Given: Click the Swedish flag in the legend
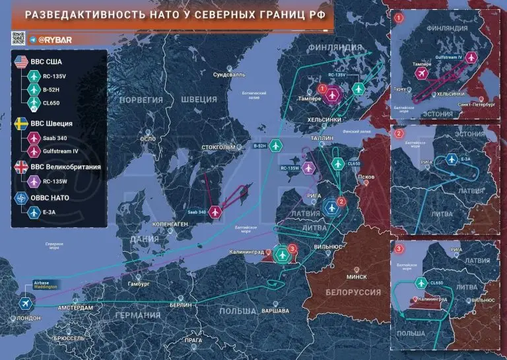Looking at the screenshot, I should click(x=19, y=124).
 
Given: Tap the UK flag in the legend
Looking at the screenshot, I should click(x=19, y=167).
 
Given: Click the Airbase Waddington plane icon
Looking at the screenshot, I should click(x=25, y=303).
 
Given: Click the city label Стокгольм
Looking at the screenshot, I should click(x=217, y=147).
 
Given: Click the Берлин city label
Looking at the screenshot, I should click(x=180, y=305).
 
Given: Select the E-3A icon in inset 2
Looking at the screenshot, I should click(x=451, y=159).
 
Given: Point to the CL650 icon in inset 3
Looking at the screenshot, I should click(x=420, y=283).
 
